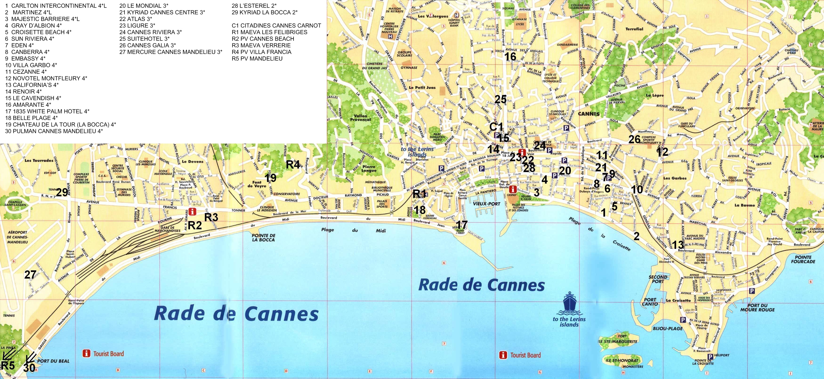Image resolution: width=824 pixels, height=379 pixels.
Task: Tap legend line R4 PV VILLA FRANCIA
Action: point(261,52)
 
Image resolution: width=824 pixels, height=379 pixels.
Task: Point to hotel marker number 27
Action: point(30,275)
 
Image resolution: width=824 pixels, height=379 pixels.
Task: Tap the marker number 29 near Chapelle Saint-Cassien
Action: point(62,193)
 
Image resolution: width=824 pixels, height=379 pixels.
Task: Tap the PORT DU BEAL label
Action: point(53,361)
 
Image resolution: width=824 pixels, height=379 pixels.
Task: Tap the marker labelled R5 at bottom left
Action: point(8,365)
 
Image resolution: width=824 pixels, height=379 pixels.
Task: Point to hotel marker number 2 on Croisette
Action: point(636,236)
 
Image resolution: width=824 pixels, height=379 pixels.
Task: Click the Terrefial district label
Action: point(634,29)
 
